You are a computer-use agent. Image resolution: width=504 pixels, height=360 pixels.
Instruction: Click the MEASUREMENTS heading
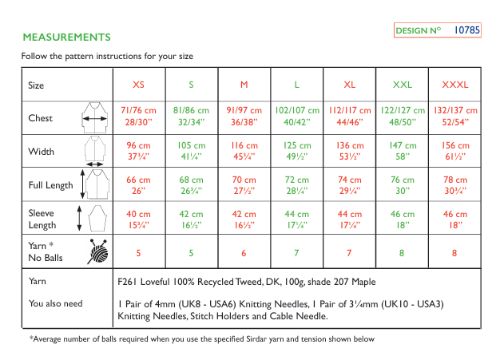pos(66,38)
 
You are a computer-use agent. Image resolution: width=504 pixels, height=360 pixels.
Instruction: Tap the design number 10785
pos(466,30)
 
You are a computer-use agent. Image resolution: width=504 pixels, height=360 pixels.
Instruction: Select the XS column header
pos(138,85)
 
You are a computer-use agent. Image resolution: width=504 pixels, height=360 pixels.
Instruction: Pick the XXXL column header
pos(454,85)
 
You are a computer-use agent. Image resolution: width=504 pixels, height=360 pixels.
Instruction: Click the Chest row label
pos(41,118)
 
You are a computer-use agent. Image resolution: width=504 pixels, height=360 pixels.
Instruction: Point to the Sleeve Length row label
pos(43,219)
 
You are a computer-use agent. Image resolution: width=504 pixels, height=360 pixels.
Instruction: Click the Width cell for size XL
pos(349,151)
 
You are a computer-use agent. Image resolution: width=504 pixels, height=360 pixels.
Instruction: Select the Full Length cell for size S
pos(191,185)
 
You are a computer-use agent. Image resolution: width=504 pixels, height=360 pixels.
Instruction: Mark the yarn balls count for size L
pos(296,252)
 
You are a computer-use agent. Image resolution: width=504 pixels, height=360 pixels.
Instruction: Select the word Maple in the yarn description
pos(361,282)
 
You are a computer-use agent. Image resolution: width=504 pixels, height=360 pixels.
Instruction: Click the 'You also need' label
pos(56,304)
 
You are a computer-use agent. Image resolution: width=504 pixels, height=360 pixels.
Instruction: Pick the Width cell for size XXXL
pos(454,151)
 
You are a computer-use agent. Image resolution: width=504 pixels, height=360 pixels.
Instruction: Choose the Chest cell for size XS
pos(138,117)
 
